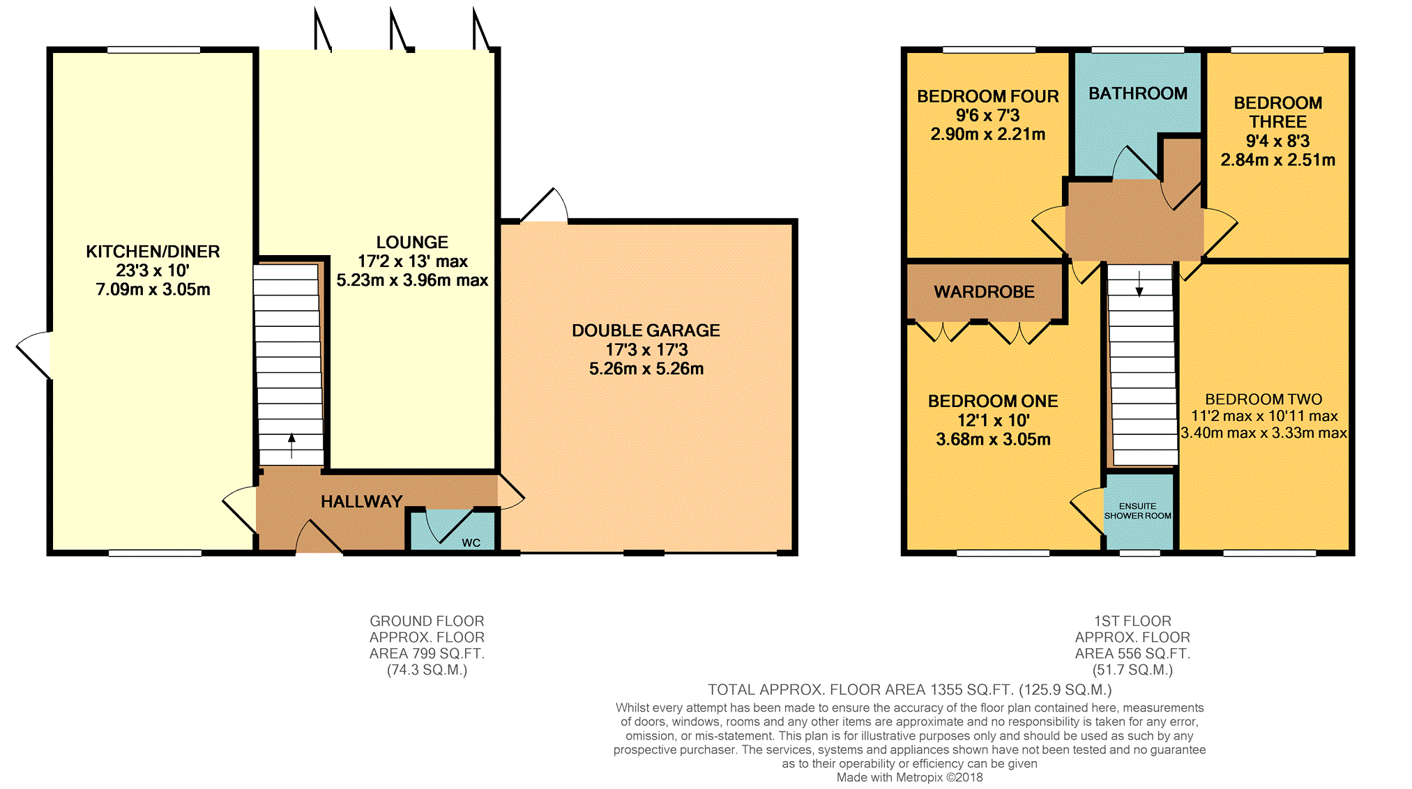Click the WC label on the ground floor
click(x=471, y=543)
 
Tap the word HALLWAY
click(x=362, y=502)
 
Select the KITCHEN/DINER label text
click(x=153, y=252)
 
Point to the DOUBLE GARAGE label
click(x=646, y=330)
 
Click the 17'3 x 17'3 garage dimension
click(x=646, y=350)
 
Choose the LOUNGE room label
click(x=412, y=243)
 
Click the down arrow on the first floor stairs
click(x=1139, y=283)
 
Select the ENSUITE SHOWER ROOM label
click(x=1138, y=511)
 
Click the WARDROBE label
click(x=984, y=292)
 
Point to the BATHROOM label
click(x=1138, y=93)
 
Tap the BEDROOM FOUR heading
click(x=987, y=96)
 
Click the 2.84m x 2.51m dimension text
click(x=1277, y=160)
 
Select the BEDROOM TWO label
click(x=1263, y=399)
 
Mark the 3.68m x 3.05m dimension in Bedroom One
click(x=993, y=439)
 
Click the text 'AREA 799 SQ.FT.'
click(x=427, y=654)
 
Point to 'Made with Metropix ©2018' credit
click(x=909, y=777)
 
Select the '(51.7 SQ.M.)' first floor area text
click(x=1132, y=670)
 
